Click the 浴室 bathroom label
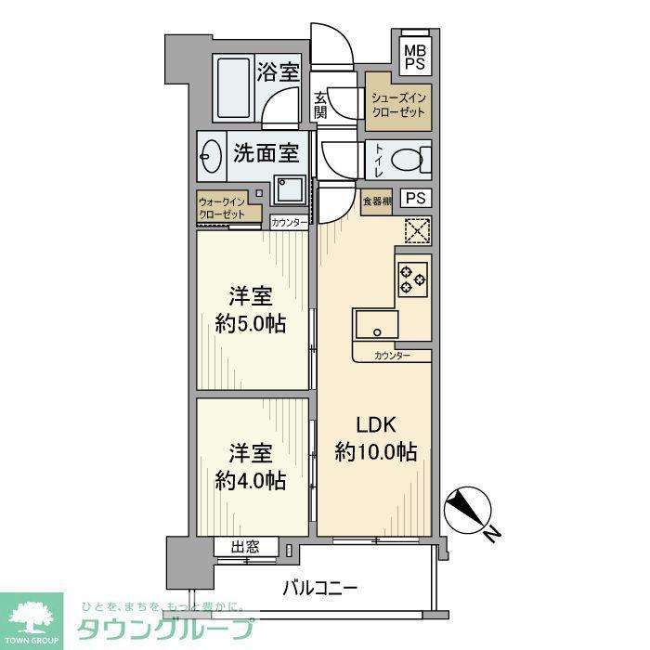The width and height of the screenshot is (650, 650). [x=278, y=71]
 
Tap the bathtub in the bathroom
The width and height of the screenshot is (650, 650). [x=233, y=88]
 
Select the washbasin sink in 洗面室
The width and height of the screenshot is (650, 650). [x=211, y=156]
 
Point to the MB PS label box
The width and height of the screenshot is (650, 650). [x=415, y=57]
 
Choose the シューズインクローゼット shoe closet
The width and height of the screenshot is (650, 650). [x=398, y=106]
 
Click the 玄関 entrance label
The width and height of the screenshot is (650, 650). [x=320, y=105]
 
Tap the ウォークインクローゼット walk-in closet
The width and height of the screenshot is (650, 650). [x=222, y=208]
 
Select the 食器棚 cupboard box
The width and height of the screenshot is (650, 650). [x=376, y=202]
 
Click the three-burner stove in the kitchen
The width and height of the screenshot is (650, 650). [x=413, y=279]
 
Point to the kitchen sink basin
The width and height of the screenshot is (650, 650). [x=377, y=324]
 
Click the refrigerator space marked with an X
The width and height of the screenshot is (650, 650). [x=417, y=230]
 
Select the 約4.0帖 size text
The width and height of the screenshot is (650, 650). [x=251, y=480]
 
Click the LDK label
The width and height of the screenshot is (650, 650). [x=376, y=425]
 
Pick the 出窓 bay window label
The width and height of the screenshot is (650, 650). [x=245, y=547]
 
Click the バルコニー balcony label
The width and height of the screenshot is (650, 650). [x=319, y=588]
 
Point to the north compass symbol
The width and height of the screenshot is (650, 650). [x=468, y=511]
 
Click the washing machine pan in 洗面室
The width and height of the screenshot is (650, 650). [x=290, y=189]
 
